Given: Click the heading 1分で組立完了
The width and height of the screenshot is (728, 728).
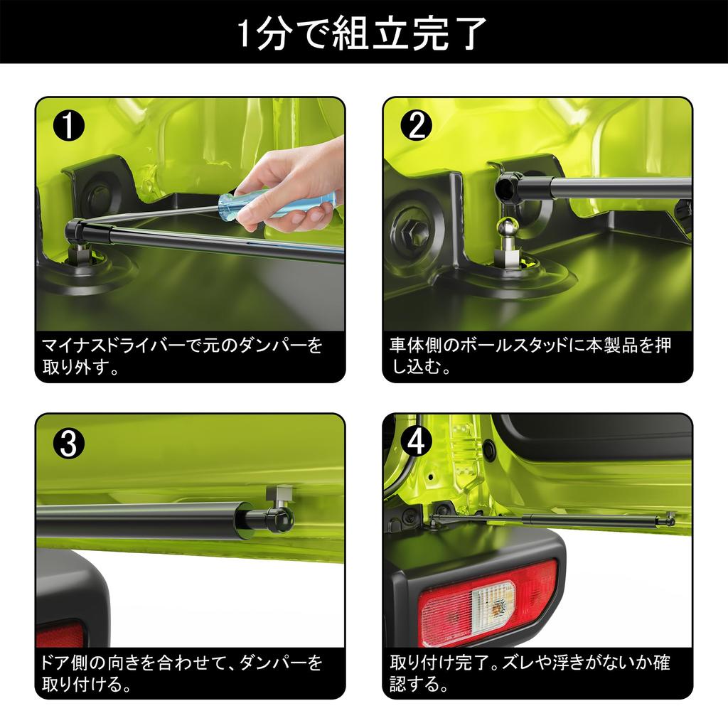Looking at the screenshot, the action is point(363,33).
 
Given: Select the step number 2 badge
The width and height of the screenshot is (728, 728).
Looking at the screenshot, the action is point(417,125).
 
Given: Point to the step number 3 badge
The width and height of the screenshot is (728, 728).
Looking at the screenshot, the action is point(69,443).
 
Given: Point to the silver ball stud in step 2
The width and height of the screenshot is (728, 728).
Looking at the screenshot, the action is point(508,229).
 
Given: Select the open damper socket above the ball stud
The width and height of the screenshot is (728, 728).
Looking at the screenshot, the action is point(508,188).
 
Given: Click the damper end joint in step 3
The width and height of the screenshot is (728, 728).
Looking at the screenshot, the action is point(279,520).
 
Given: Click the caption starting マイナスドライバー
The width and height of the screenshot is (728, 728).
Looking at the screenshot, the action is point(182,356).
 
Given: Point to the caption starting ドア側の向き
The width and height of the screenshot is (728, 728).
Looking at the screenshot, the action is point(182,673).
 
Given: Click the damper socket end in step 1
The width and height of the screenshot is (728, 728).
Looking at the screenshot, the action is point(75,230).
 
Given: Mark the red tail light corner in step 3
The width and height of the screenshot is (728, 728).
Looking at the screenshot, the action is point(60,634).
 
